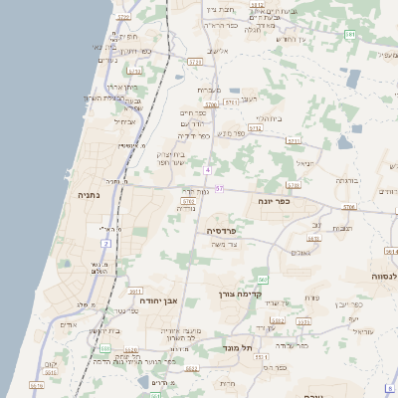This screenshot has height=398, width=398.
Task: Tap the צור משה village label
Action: [229, 245]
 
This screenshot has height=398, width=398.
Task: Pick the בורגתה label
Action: [346, 180]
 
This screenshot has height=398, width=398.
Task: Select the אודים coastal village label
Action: [69, 324]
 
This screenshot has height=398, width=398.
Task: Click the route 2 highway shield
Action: [106, 242]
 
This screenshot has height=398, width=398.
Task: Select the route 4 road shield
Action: [208, 169]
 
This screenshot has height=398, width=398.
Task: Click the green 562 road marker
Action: [262, 280]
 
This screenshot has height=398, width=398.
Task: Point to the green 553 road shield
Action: [104, 348]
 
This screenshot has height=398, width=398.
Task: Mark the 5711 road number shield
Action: [230, 102]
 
